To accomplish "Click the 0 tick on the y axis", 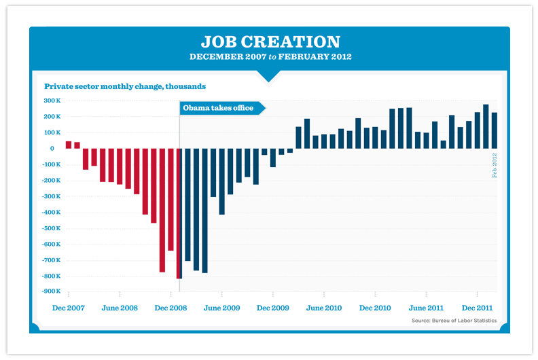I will click(x=52, y=148).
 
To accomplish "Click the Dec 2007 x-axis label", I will click(x=69, y=308).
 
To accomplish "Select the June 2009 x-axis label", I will click(x=222, y=308).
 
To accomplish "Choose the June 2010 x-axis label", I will click(x=324, y=308).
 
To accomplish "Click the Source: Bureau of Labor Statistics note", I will click(x=454, y=321).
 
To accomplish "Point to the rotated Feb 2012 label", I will click(x=495, y=165).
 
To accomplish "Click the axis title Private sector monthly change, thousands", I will click(x=125, y=87).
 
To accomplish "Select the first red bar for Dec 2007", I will click(x=69, y=145).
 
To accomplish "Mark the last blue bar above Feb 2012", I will click(x=495, y=130).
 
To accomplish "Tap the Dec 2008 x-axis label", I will click(x=171, y=308).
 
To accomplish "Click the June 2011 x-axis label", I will click(x=427, y=308).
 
